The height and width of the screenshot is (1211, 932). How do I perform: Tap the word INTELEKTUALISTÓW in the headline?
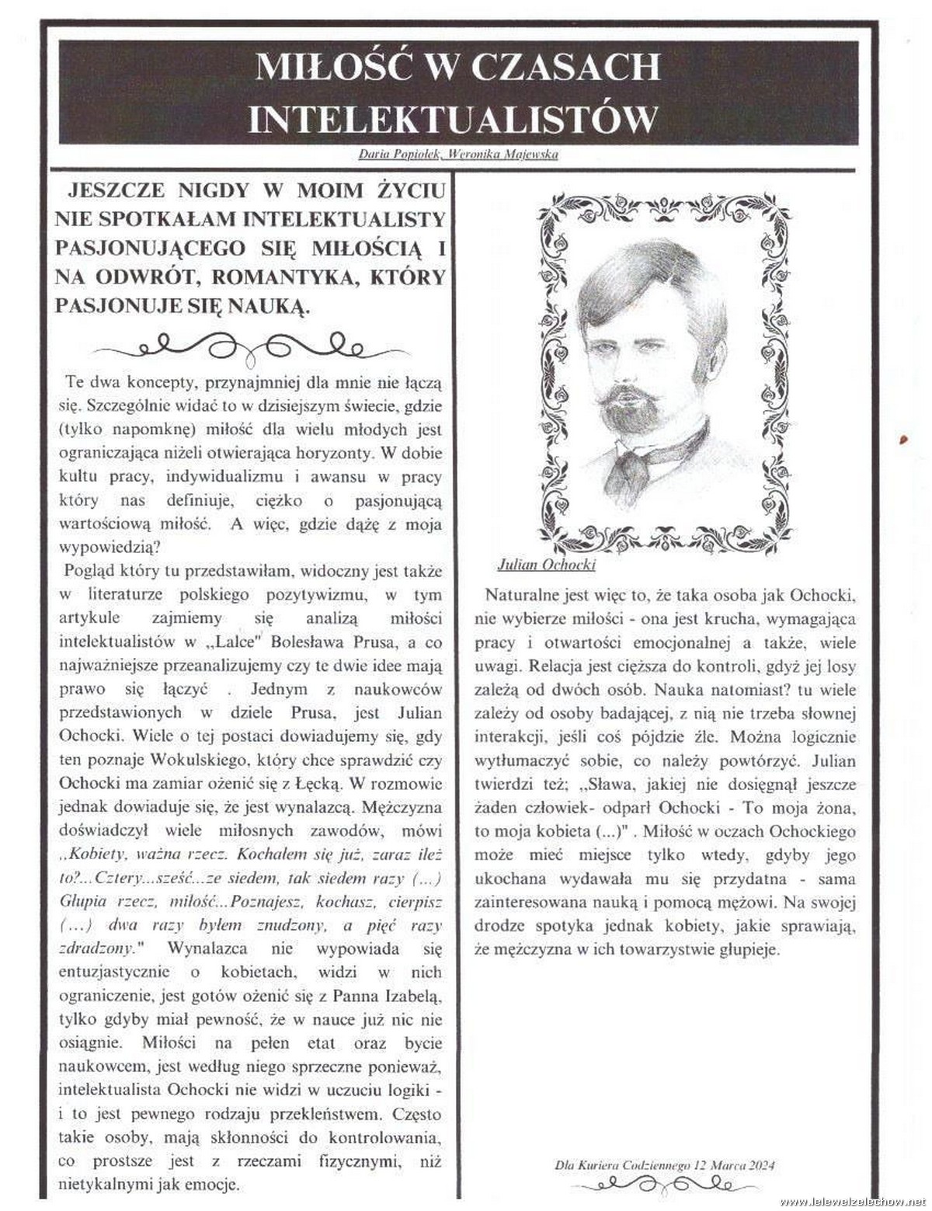(453, 119)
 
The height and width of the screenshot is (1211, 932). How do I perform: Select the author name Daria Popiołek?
(399, 154)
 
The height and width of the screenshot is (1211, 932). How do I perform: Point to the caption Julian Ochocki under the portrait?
(546, 565)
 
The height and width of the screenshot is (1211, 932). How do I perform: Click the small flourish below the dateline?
(666, 1185)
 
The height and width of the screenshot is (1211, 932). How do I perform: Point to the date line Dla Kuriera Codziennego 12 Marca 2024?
(664, 1164)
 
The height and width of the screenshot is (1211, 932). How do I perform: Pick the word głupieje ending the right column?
(749, 949)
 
